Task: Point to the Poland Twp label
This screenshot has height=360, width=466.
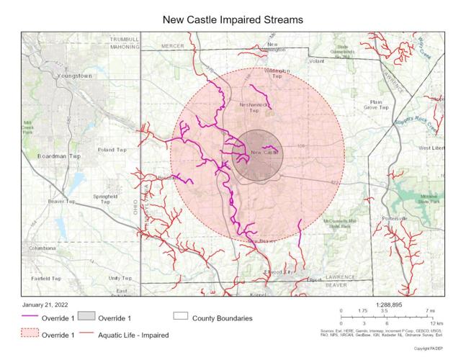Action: point(112,150)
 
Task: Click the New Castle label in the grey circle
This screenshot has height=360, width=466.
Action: point(264,153)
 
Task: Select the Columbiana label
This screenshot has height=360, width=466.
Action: point(41,248)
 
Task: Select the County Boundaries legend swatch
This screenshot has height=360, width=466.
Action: point(181,318)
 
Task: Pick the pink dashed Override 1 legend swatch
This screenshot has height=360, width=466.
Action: point(30,335)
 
